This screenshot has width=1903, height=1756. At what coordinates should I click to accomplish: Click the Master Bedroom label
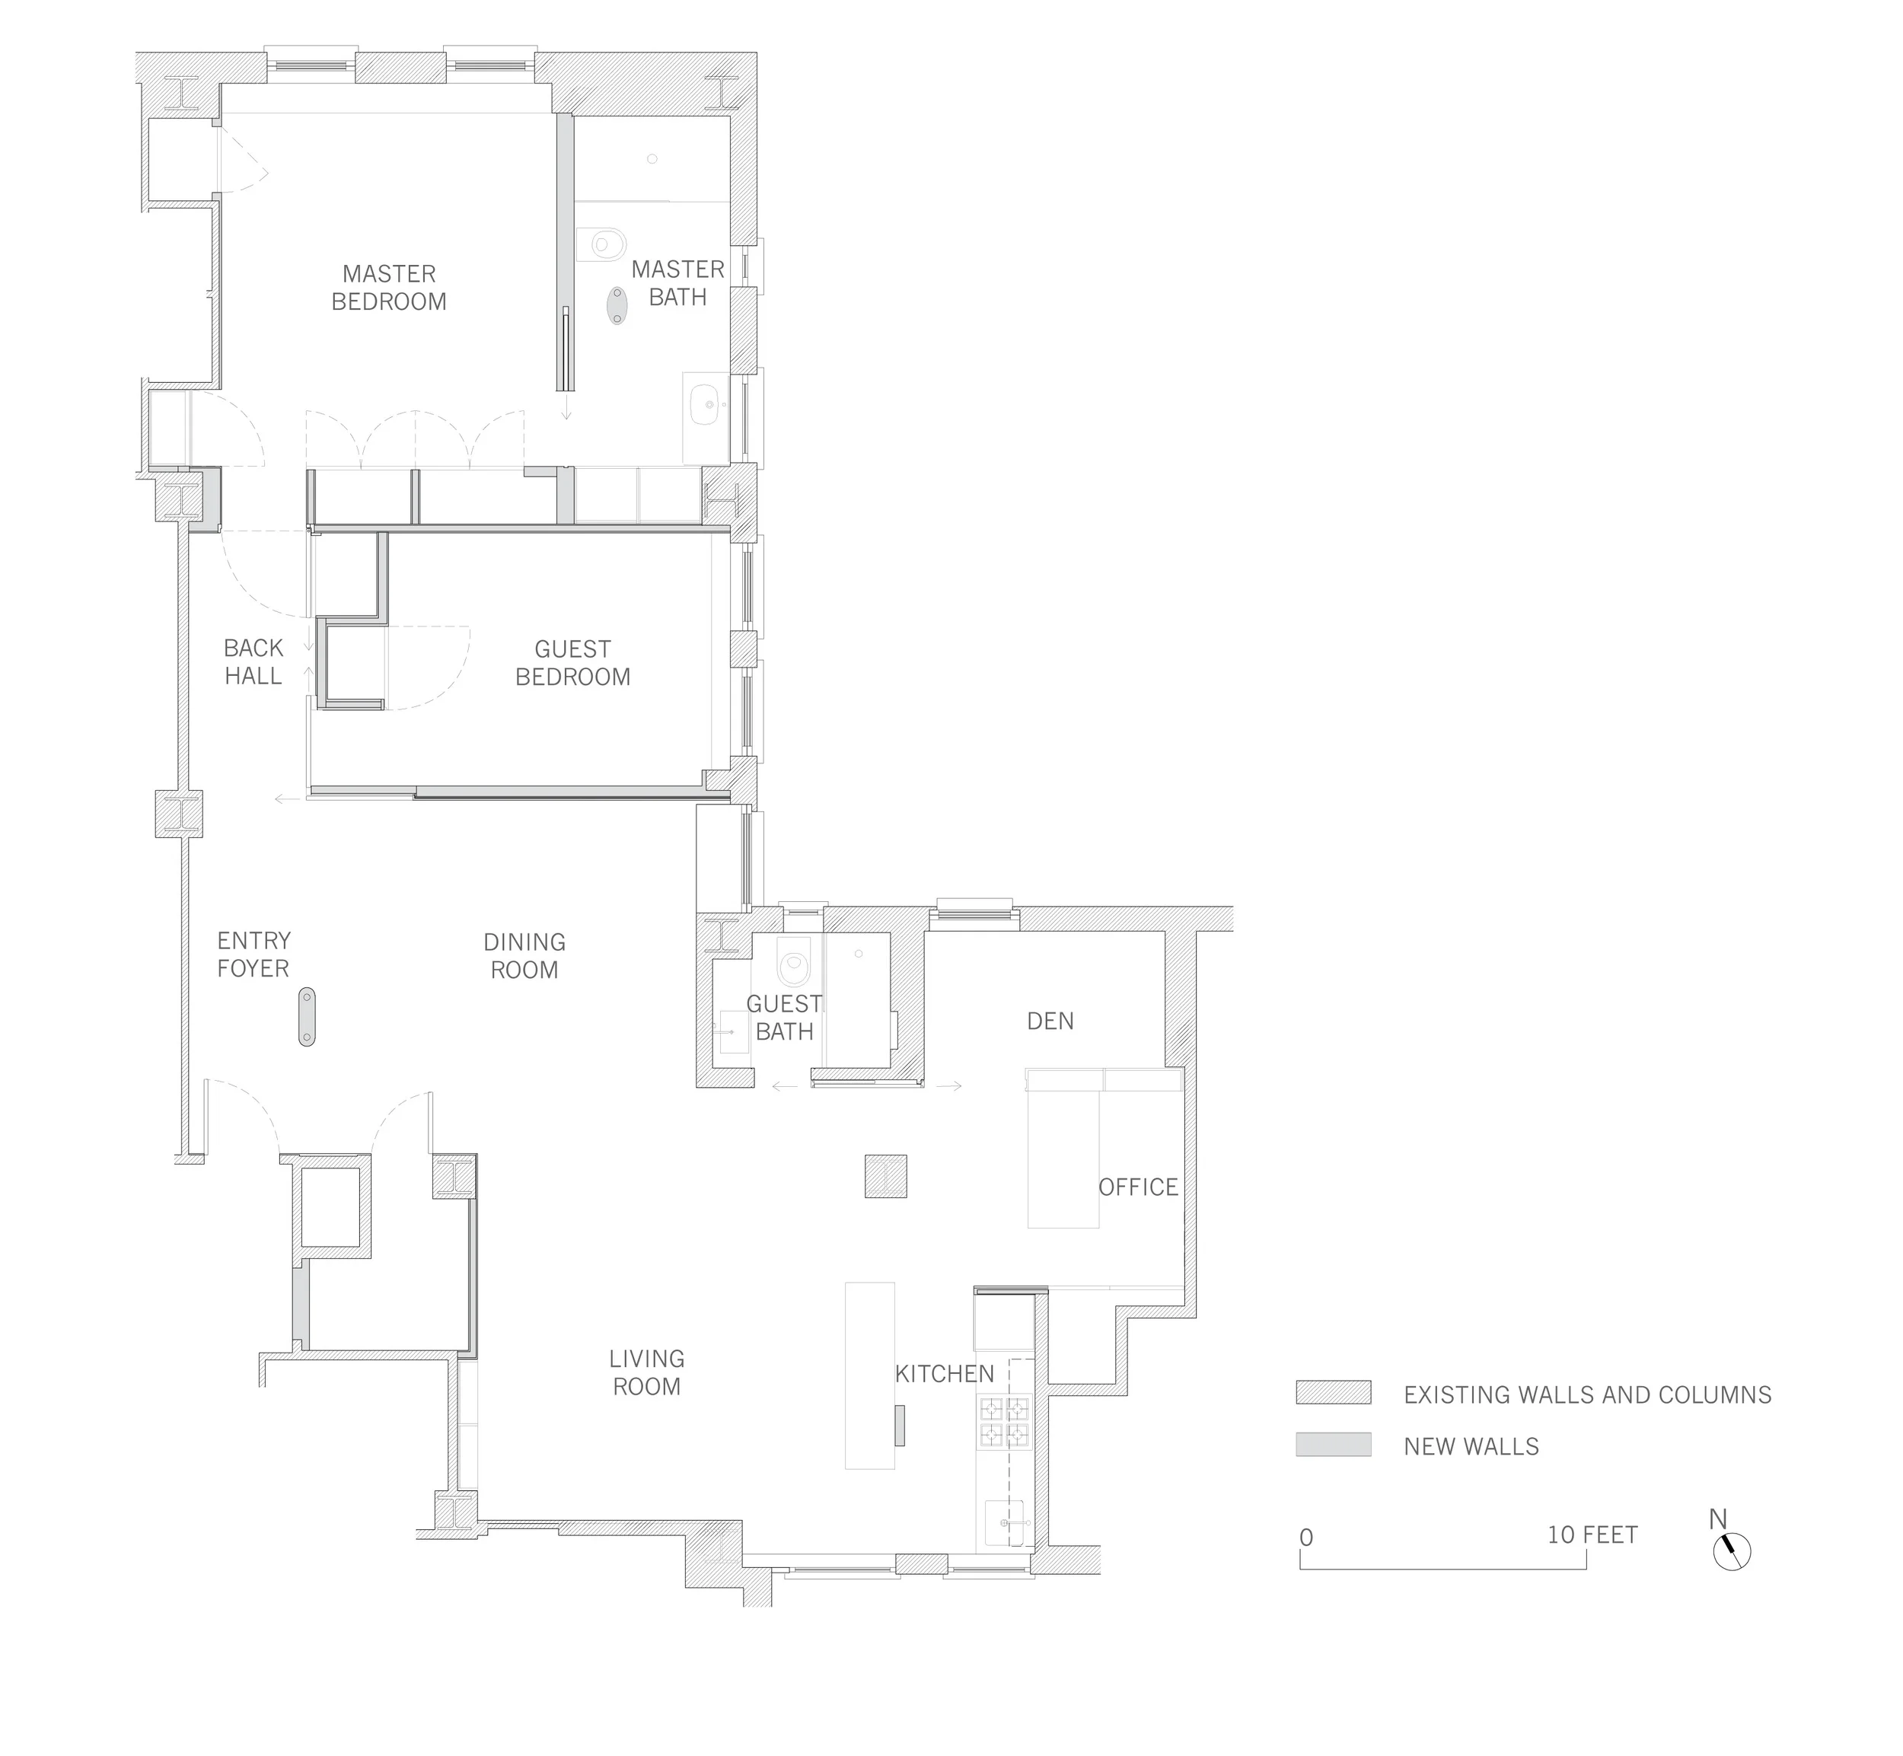pos(388,287)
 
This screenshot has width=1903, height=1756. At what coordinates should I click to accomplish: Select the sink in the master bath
pos(705,404)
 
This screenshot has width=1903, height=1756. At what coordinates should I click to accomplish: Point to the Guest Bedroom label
pos(573,662)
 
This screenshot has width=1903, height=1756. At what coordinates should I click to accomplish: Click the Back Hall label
pos(253,661)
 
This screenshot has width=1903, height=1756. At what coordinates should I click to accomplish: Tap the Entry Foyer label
pos(253,954)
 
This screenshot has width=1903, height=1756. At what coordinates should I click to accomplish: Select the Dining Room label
pos(524,956)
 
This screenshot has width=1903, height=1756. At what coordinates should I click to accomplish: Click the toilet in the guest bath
pos(792,961)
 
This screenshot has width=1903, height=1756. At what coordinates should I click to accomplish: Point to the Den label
pos(1050,1021)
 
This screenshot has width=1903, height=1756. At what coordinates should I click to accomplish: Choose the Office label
pos(1138,1187)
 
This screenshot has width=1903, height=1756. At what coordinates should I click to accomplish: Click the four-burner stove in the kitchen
pos(1004,1422)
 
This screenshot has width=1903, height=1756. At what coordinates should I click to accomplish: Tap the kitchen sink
pos(1007,1523)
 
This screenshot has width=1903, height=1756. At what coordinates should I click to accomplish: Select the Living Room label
pos(647,1372)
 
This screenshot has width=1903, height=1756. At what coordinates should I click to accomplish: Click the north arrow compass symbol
pos(1732,1552)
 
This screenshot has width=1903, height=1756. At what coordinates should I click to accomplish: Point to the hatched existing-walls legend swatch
pos(1333,1392)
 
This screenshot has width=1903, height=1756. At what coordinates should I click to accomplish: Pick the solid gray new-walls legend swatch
pos(1333,1445)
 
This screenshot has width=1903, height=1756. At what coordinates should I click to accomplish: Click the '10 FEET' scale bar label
pos(1592,1535)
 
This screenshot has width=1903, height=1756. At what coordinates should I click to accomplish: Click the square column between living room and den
pos(885,1176)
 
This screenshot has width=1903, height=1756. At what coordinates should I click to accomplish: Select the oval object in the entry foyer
pos(307,1017)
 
